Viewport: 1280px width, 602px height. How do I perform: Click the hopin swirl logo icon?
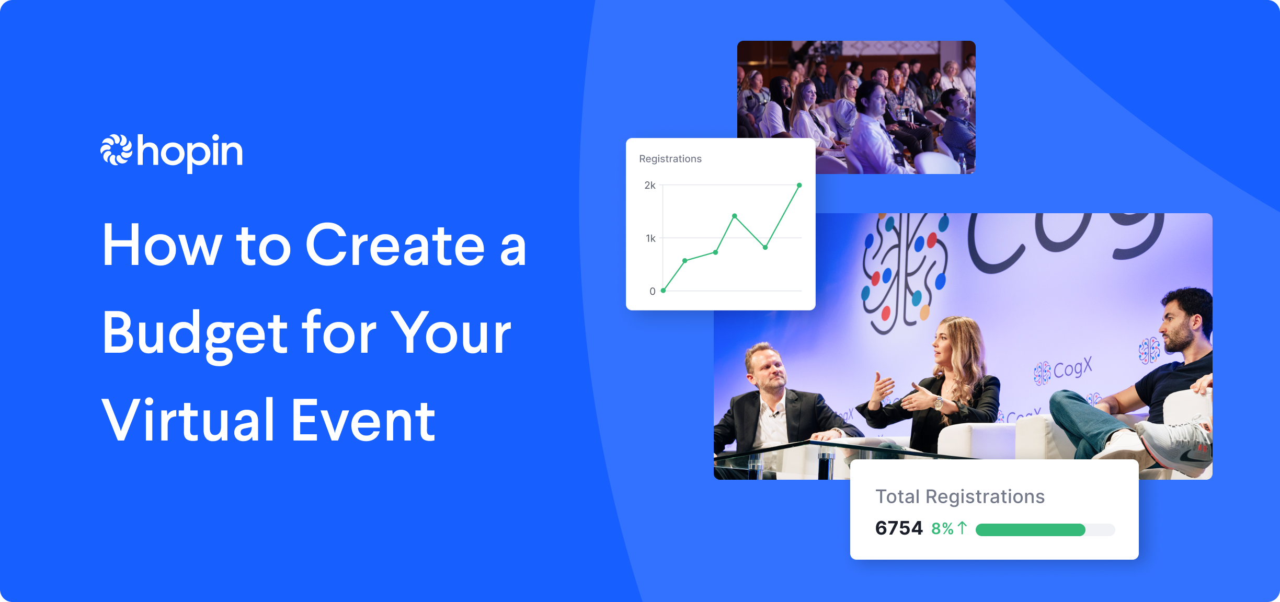(116, 150)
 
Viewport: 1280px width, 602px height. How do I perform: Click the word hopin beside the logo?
(190, 152)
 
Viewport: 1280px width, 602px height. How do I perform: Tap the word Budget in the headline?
(195, 333)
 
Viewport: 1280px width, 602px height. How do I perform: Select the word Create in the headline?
(395, 246)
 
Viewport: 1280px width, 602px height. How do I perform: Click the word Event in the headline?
(363, 421)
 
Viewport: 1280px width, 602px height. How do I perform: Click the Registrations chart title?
(670, 159)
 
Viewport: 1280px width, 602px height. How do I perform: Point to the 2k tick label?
(649, 186)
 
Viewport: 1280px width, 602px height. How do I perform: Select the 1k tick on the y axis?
(650, 238)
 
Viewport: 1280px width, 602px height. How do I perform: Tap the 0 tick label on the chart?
(652, 291)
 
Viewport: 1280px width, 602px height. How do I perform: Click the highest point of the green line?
(799, 186)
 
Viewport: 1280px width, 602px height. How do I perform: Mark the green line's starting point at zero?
(663, 291)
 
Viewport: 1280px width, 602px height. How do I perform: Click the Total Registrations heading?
(960, 496)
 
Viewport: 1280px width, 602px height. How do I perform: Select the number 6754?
(899, 528)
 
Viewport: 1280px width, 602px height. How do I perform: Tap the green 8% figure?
(942, 529)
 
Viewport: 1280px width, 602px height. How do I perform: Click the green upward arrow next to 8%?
(962, 528)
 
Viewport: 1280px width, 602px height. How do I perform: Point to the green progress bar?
(1030, 530)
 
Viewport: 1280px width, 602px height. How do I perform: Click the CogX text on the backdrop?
(1072, 368)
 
